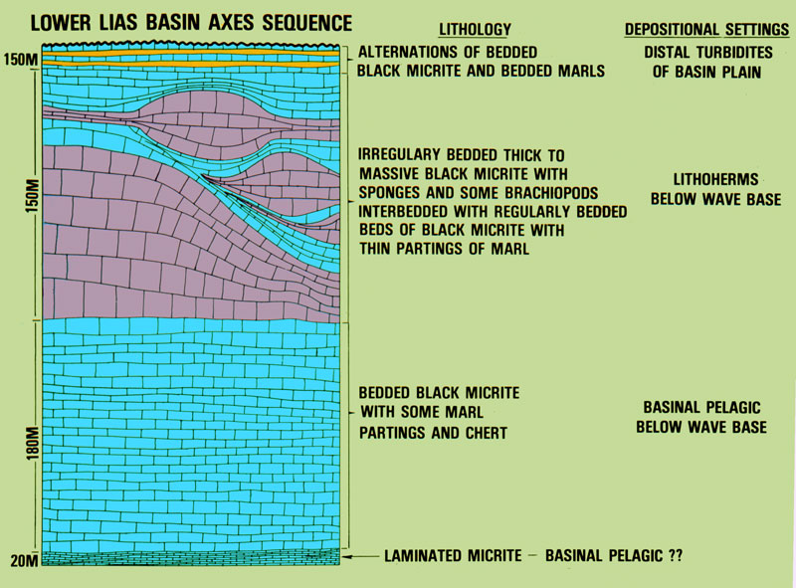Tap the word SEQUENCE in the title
pos(307,23)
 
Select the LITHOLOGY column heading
pos(475,30)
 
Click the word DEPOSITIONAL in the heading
pos(671,30)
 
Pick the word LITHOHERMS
pos(715,179)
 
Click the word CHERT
pos(484,433)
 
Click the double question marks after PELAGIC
pos(676,556)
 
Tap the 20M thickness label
pos(24,560)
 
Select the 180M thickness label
pos(33,444)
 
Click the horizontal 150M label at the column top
pos(21,60)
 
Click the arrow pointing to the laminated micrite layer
pos(360,556)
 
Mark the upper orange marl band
pos(190,53)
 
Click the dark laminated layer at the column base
pos(190,557)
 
